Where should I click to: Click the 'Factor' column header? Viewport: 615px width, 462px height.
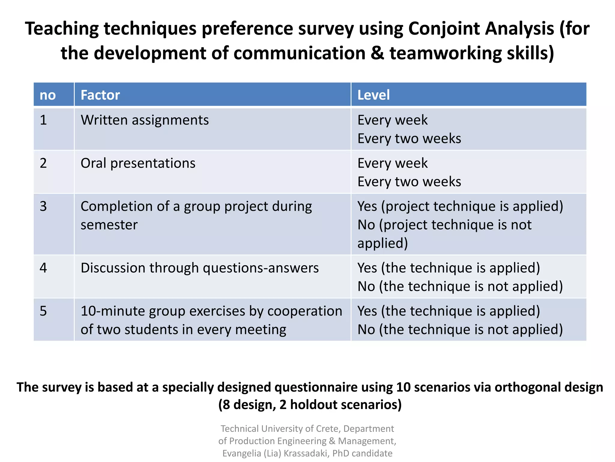pyautogui.click(x=100, y=95)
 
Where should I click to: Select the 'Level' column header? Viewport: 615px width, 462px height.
pyautogui.click(x=373, y=95)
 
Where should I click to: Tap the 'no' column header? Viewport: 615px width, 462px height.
pyautogui.click(x=48, y=95)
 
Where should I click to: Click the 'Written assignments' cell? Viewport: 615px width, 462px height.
pyautogui.click(x=144, y=120)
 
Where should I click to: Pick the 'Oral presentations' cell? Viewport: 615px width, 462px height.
pyautogui.click(x=138, y=163)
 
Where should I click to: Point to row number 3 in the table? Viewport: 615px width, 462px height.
pyautogui.click(x=43, y=206)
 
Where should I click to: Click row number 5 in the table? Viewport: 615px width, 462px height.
pyautogui.click(x=43, y=311)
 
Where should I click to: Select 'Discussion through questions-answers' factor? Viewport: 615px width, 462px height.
pyautogui.click(x=199, y=268)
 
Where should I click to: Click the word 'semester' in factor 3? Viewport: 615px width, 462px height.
pyautogui.click(x=109, y=225)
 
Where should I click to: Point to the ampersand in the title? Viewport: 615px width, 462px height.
pyautogui.click(x=377, y=53)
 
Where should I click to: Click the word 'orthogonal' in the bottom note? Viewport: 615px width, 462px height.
pyautogui.click(x=527, y=387)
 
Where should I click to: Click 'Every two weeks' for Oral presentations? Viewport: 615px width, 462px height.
pyautogui.click(x=409, y=182)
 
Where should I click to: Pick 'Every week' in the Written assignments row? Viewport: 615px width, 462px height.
pyautogui.click(x=392, y=120)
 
